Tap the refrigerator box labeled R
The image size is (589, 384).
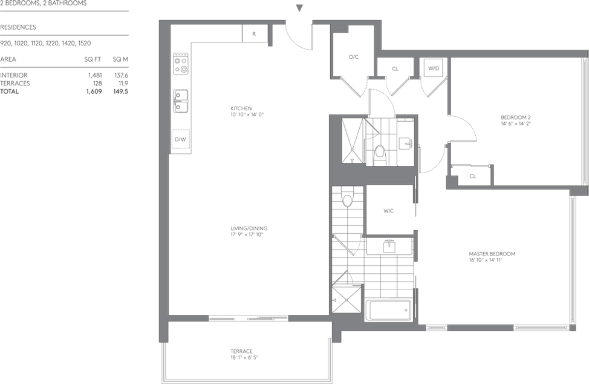[x=255, y=33]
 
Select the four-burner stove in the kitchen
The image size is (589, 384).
[x=181, y=64]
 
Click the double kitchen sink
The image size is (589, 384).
[x=181, y=101]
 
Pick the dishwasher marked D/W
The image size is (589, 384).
[x=181, y=139]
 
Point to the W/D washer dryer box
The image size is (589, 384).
[x=434, y=68]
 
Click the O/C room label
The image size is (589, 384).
[x=354, y=57]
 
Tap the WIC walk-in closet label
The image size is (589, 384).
[x=388, y=211]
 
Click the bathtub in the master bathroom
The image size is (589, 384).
[x=389, y=310]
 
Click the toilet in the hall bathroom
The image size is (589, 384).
[x=380, y=153]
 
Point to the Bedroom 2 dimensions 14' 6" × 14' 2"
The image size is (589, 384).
[x=515, y=124]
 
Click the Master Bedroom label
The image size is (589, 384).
[x=492, y=254]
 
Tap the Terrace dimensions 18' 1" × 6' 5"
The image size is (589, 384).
[x=244, y=357]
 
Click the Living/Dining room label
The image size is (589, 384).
[x=249, y=228]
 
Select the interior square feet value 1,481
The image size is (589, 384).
[x=95, y=75]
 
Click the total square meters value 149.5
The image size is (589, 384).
[x=120, y=91]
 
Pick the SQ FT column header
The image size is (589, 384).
[x=93, y=59]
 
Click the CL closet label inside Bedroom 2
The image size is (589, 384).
[x=472, y=176]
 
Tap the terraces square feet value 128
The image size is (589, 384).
[x=97, y=84]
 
